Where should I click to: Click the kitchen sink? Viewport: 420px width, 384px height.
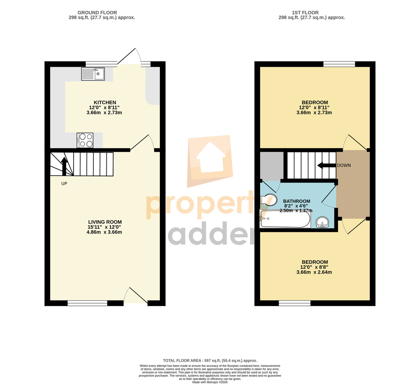93,74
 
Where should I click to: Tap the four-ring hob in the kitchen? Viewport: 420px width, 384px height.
85,140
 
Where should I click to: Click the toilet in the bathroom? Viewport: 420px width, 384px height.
268,199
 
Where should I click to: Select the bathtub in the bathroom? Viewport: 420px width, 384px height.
285,219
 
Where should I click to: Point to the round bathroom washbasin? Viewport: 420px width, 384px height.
322,222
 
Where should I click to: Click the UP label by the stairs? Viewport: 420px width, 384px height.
64,184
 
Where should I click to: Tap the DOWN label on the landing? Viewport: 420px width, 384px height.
344,165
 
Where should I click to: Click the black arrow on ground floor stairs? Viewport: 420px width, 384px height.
64,166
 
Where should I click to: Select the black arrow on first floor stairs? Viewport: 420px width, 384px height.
327,165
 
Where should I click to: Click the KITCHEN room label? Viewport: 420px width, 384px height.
105,102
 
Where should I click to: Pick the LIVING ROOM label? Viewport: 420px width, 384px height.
105,222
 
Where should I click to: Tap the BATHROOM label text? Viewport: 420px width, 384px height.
297,201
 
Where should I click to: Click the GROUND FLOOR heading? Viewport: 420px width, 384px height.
97,13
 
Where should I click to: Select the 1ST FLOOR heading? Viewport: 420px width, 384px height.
305,13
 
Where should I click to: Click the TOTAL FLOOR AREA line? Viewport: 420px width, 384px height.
210,361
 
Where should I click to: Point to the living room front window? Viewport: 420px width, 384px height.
87,303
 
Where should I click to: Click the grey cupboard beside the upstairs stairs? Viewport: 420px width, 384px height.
272,166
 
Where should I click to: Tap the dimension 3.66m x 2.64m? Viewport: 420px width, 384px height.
314,272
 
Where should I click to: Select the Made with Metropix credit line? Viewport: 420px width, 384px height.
210,382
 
